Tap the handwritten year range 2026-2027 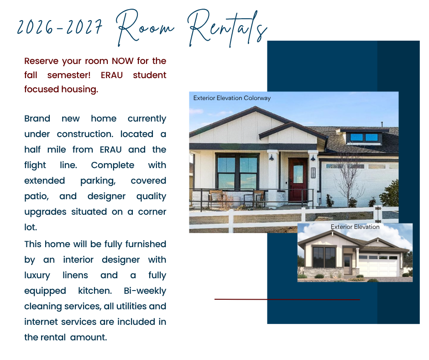point(59,28)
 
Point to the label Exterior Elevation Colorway point(232,98)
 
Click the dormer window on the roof point(364,137)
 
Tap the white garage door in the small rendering point(378,265)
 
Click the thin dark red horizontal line point(287,300)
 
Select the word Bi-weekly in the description point(145,291)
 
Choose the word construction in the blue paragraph point(84,134)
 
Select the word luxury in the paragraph point(40,275)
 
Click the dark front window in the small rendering point(324,257)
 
